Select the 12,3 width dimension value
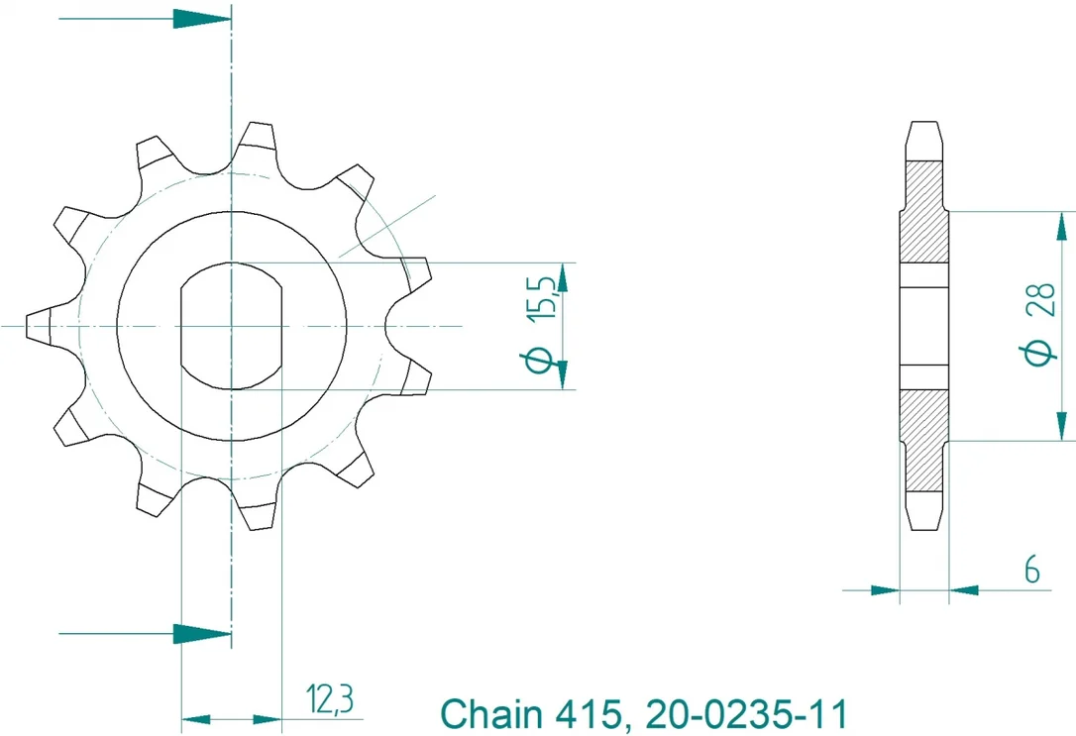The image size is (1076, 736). tap(330, 699)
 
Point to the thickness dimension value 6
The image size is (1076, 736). tap(1031, 570)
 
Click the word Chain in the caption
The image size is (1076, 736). tap(490, 713)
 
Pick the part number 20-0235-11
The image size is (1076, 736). tap(747, 713)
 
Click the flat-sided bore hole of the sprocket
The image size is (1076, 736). tap(231, 326)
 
